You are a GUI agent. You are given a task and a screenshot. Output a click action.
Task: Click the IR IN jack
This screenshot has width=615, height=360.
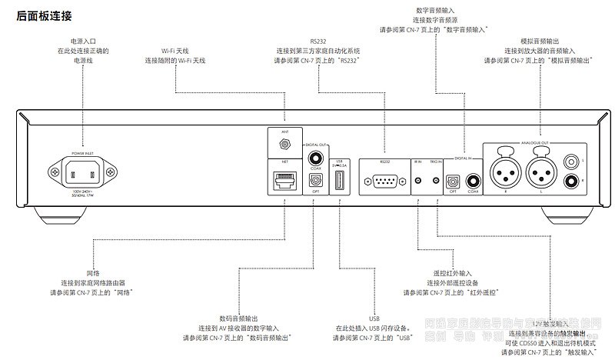click(x=418, y=182)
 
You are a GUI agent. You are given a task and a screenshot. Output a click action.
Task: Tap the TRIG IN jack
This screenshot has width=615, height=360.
click(x=436, y=182)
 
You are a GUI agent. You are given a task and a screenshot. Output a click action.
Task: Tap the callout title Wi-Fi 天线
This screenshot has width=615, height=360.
click(x=177, y=50)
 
